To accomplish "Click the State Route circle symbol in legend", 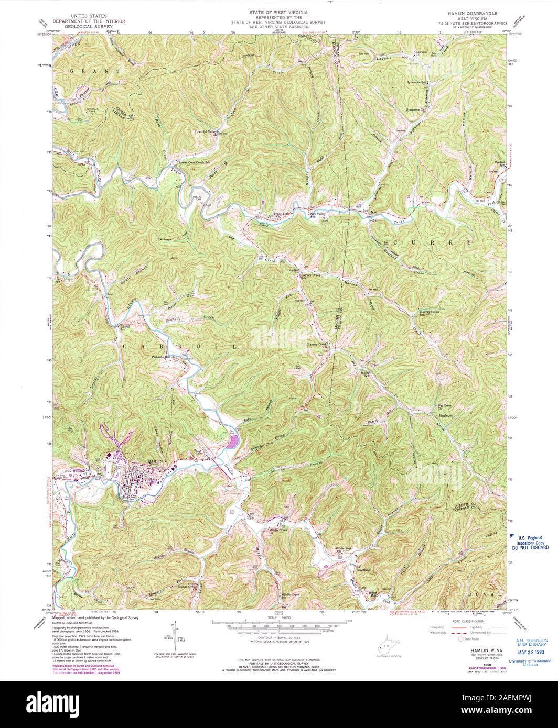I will click(461, 639).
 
